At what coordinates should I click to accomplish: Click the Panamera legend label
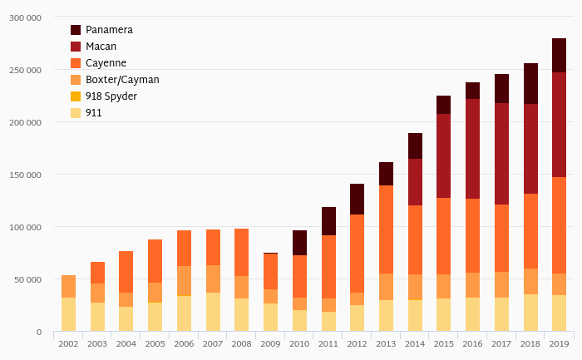109,30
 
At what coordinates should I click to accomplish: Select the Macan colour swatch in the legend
76,47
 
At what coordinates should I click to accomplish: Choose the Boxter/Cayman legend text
122,80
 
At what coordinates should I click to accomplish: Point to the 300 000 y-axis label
25,17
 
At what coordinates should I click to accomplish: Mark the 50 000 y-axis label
27,279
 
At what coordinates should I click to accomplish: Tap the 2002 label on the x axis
68,343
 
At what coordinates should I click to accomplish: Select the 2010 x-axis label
299,343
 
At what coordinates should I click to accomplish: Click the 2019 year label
559,343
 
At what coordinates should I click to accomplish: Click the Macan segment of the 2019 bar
559,125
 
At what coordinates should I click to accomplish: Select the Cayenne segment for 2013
386,229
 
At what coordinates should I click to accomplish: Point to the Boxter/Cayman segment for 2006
184,281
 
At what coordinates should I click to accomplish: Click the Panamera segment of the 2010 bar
299,243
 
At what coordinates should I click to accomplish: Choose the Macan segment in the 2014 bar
415,182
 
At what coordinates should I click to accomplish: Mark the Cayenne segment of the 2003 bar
97,273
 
